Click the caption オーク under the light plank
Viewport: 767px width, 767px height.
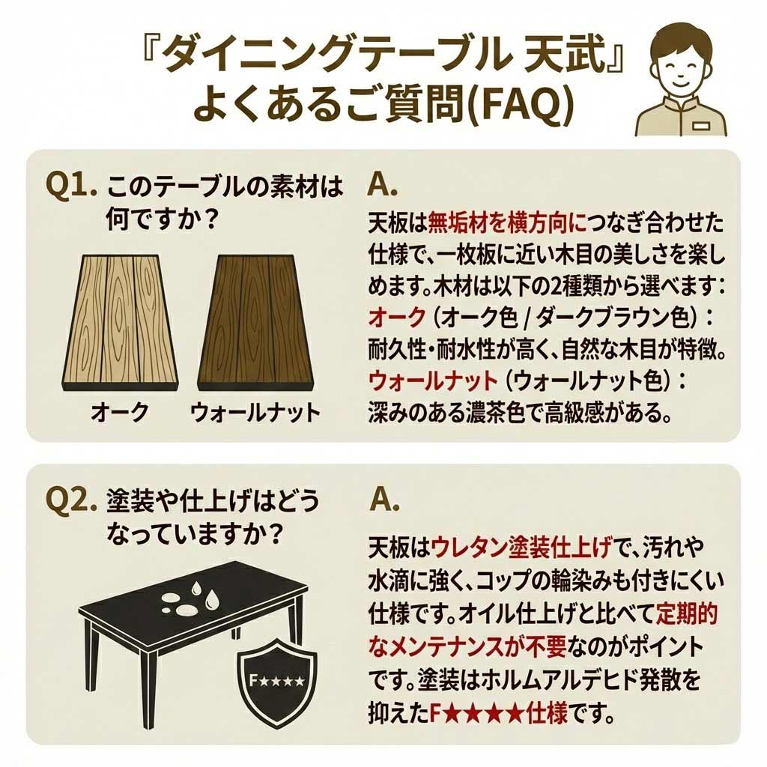(x=119, y=412)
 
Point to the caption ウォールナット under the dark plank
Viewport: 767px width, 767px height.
(x=255, y=413)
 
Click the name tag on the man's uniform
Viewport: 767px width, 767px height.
(x=701, y=126)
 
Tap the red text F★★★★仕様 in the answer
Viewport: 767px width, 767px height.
(x=498, y=715)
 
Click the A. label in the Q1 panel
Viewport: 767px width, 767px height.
(x=382, y=187)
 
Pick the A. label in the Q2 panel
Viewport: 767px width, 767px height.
(x=385, y=500)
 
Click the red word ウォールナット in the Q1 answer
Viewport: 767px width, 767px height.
(x=433, y=381)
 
